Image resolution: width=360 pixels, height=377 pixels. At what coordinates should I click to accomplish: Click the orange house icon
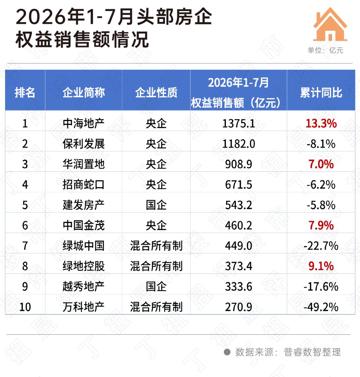click(x=330, y=24)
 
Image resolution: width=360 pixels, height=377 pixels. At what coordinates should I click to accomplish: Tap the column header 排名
click(x=25, y=93)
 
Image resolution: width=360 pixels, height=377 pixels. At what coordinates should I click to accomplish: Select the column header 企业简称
click(x=84, y=93)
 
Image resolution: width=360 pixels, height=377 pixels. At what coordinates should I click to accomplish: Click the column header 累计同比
click(x=321, y=93)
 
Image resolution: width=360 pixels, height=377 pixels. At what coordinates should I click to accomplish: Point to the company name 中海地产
click(x=84, y=123)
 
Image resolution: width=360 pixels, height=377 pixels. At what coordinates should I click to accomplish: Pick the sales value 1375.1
click(x=238, y=124)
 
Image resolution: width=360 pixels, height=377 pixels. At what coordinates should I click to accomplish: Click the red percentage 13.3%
click(x=321, y=124)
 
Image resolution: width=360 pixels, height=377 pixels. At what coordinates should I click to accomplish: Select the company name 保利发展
click(x=84, y=144)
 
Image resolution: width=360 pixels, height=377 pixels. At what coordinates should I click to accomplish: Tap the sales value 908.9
click(x=238, y=164)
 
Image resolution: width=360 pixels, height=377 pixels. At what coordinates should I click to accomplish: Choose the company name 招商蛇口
click(x=84, y=185)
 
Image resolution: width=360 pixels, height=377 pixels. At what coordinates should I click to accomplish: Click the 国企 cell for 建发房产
click(x=156, y=205)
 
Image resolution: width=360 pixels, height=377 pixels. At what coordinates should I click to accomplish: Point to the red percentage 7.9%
click(x=321, y=225)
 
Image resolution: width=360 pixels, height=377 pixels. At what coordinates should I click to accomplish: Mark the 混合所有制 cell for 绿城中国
click(x=156, y=246)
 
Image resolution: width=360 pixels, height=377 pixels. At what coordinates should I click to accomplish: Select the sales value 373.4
click(x=238, y=266)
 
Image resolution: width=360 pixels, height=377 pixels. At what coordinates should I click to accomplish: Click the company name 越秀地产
click(x=84, y=287)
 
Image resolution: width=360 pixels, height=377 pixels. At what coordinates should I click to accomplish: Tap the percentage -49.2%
click(x=321, y=307)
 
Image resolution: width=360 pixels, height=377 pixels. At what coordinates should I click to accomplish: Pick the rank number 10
click(x=25, y=307)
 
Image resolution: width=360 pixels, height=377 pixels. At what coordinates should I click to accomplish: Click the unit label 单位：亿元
click(x=326, y=50)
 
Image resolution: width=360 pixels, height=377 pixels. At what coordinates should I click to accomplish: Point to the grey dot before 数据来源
click(x=227, y=352)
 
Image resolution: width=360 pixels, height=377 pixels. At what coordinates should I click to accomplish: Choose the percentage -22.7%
click(x=321, y=246)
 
